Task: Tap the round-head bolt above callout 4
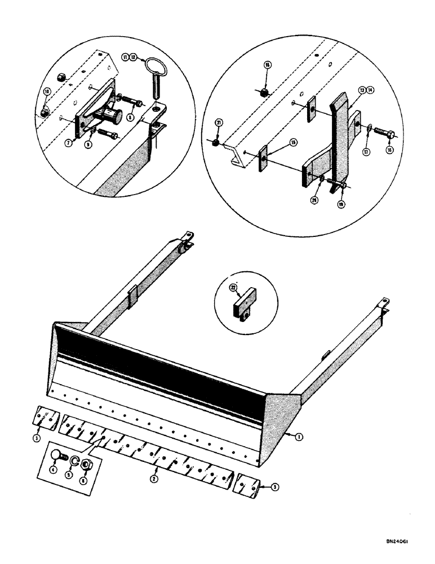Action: pyautogui.click(x=56, y=456)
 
